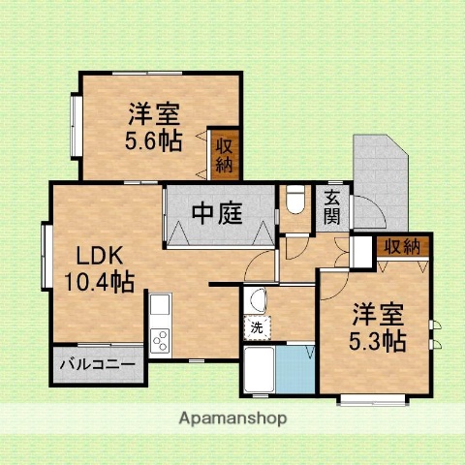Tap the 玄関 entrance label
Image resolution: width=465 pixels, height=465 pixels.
[x=331, y=206]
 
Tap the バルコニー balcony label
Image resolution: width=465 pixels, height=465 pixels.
[x=99, y=366]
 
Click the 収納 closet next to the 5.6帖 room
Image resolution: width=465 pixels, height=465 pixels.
[x=224, y=155]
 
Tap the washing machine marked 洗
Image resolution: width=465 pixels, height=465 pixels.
[x=257, y=327]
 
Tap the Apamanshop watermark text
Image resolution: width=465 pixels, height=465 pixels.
[x=232, y=418]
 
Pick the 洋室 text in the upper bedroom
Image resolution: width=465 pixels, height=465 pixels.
[x=154, y=114]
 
